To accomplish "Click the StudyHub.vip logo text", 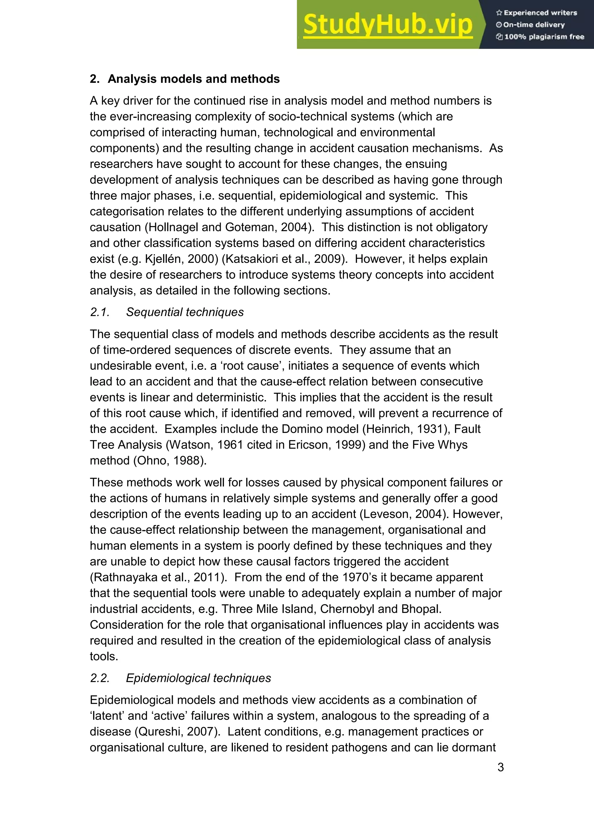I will coord(388,25).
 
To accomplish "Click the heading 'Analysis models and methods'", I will coord(193,79).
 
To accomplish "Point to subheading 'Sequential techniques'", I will coord(185,312).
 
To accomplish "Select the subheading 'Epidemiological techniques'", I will coord(198,678).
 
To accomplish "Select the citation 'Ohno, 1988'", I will coord(170,460).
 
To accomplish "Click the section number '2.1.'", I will coord(100,312).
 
